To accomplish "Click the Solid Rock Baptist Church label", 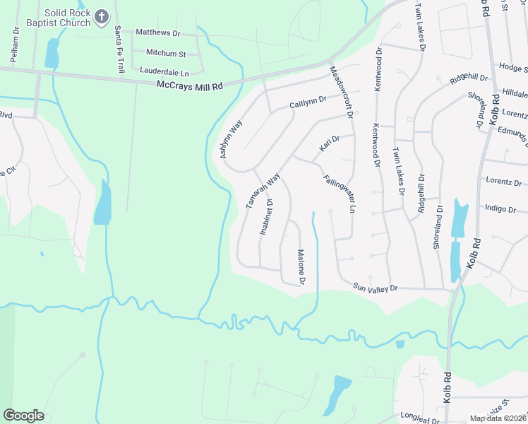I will click(x=68, y=18).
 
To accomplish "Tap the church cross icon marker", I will click(x=102, y=16).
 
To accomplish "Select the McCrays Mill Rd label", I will click(x=189, y=86).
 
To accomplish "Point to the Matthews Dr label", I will click(x=158, y=33).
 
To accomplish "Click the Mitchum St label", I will click(x=165, y=53).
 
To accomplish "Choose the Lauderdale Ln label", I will click(x=164, y=71).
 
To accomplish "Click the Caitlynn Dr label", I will click(x=308, y=102).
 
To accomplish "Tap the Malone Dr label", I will click(x=300, y=267).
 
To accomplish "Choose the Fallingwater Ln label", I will click(x=339, y=195).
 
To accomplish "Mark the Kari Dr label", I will click(x=330, y=143).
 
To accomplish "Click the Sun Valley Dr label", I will click(x=376, y=288).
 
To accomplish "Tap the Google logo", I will click(x=23, y=416).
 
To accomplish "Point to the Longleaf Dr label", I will click(x=419, y=418).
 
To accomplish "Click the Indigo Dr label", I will click(x=501, y=208).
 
